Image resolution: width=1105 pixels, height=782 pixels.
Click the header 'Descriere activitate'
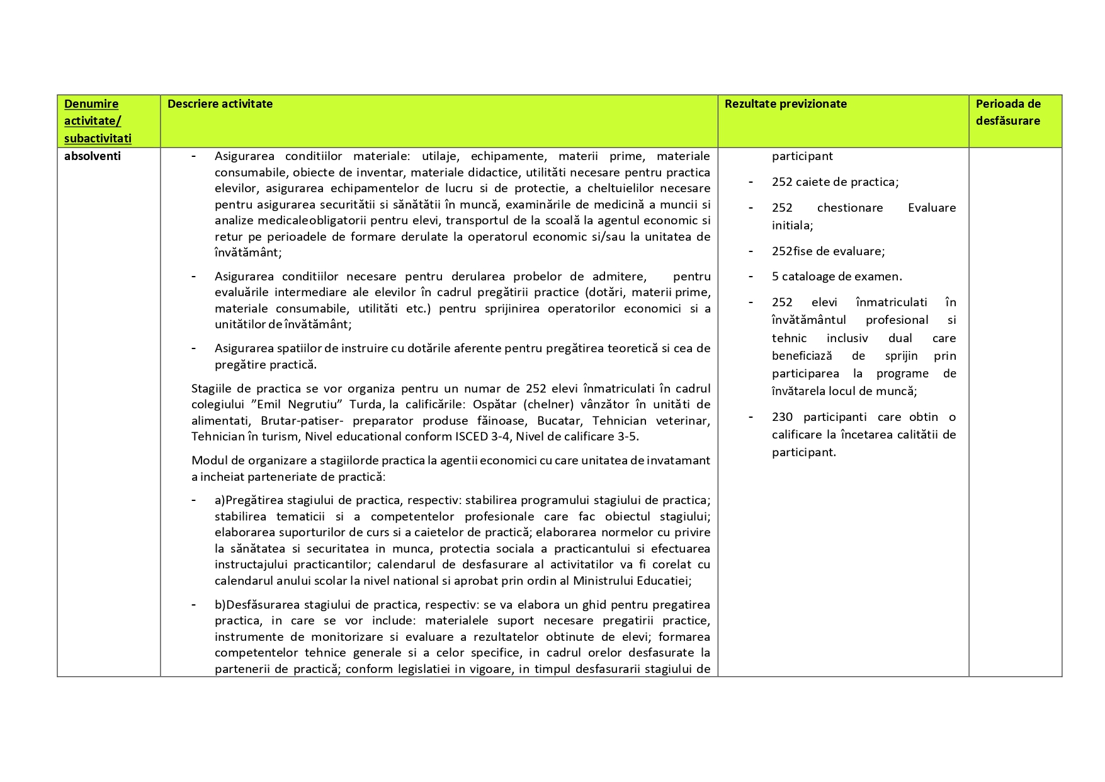pos(220,104)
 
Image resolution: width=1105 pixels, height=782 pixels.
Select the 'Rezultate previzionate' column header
pos(785,104)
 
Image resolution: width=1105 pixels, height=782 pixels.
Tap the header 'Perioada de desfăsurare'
pos(1008,112)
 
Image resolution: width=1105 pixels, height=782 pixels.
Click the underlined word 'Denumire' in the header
pos(91,104)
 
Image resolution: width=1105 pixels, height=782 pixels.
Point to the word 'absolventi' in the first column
pos(92,156)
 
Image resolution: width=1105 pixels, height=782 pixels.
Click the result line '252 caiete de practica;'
pos(835,182)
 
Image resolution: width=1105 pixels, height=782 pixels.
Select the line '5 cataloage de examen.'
pos(837,277)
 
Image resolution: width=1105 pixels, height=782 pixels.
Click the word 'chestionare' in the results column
pos(850,208)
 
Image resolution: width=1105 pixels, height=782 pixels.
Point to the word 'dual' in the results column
pos(900,338)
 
